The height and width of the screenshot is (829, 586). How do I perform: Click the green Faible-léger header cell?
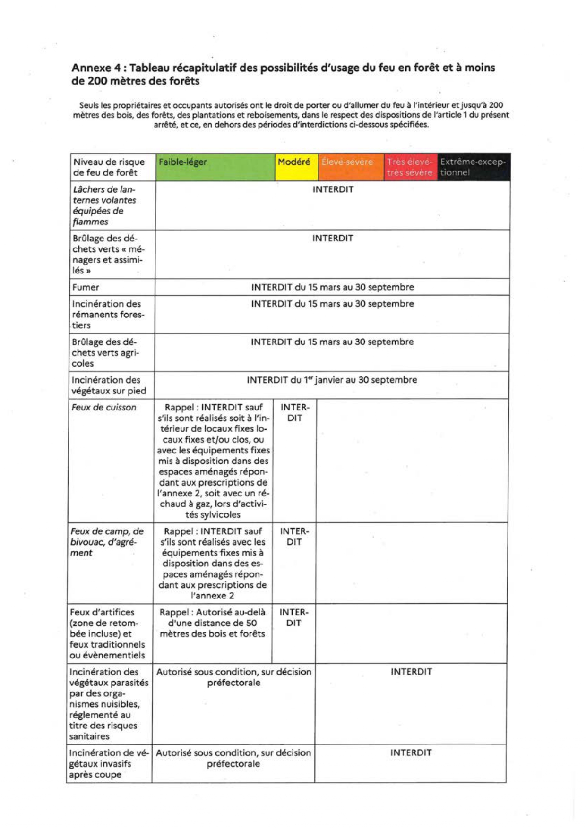[215, 167]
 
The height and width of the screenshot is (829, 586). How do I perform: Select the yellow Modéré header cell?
[296, 167]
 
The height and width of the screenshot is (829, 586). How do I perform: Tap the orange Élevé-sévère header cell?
[351, 167]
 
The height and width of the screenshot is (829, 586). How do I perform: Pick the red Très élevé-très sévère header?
[410, 167]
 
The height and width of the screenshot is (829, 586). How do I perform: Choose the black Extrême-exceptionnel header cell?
[473, 167]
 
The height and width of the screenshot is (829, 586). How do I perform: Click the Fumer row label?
[86, 287]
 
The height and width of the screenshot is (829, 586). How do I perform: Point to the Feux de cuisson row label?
[104, 408]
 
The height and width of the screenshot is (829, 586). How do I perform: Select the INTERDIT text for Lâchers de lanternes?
[333, 189]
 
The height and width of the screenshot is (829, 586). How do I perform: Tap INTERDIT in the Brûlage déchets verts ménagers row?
[333, 239]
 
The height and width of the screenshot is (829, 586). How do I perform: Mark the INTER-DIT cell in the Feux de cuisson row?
[295, 413]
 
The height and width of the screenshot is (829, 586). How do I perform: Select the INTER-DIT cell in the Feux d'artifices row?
[294, 618]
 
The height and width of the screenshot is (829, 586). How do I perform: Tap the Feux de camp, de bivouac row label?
[107, 542]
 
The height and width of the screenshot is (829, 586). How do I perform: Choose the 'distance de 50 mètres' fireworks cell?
[212, 623]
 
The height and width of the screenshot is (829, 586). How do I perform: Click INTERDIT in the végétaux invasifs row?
[411, 753]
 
